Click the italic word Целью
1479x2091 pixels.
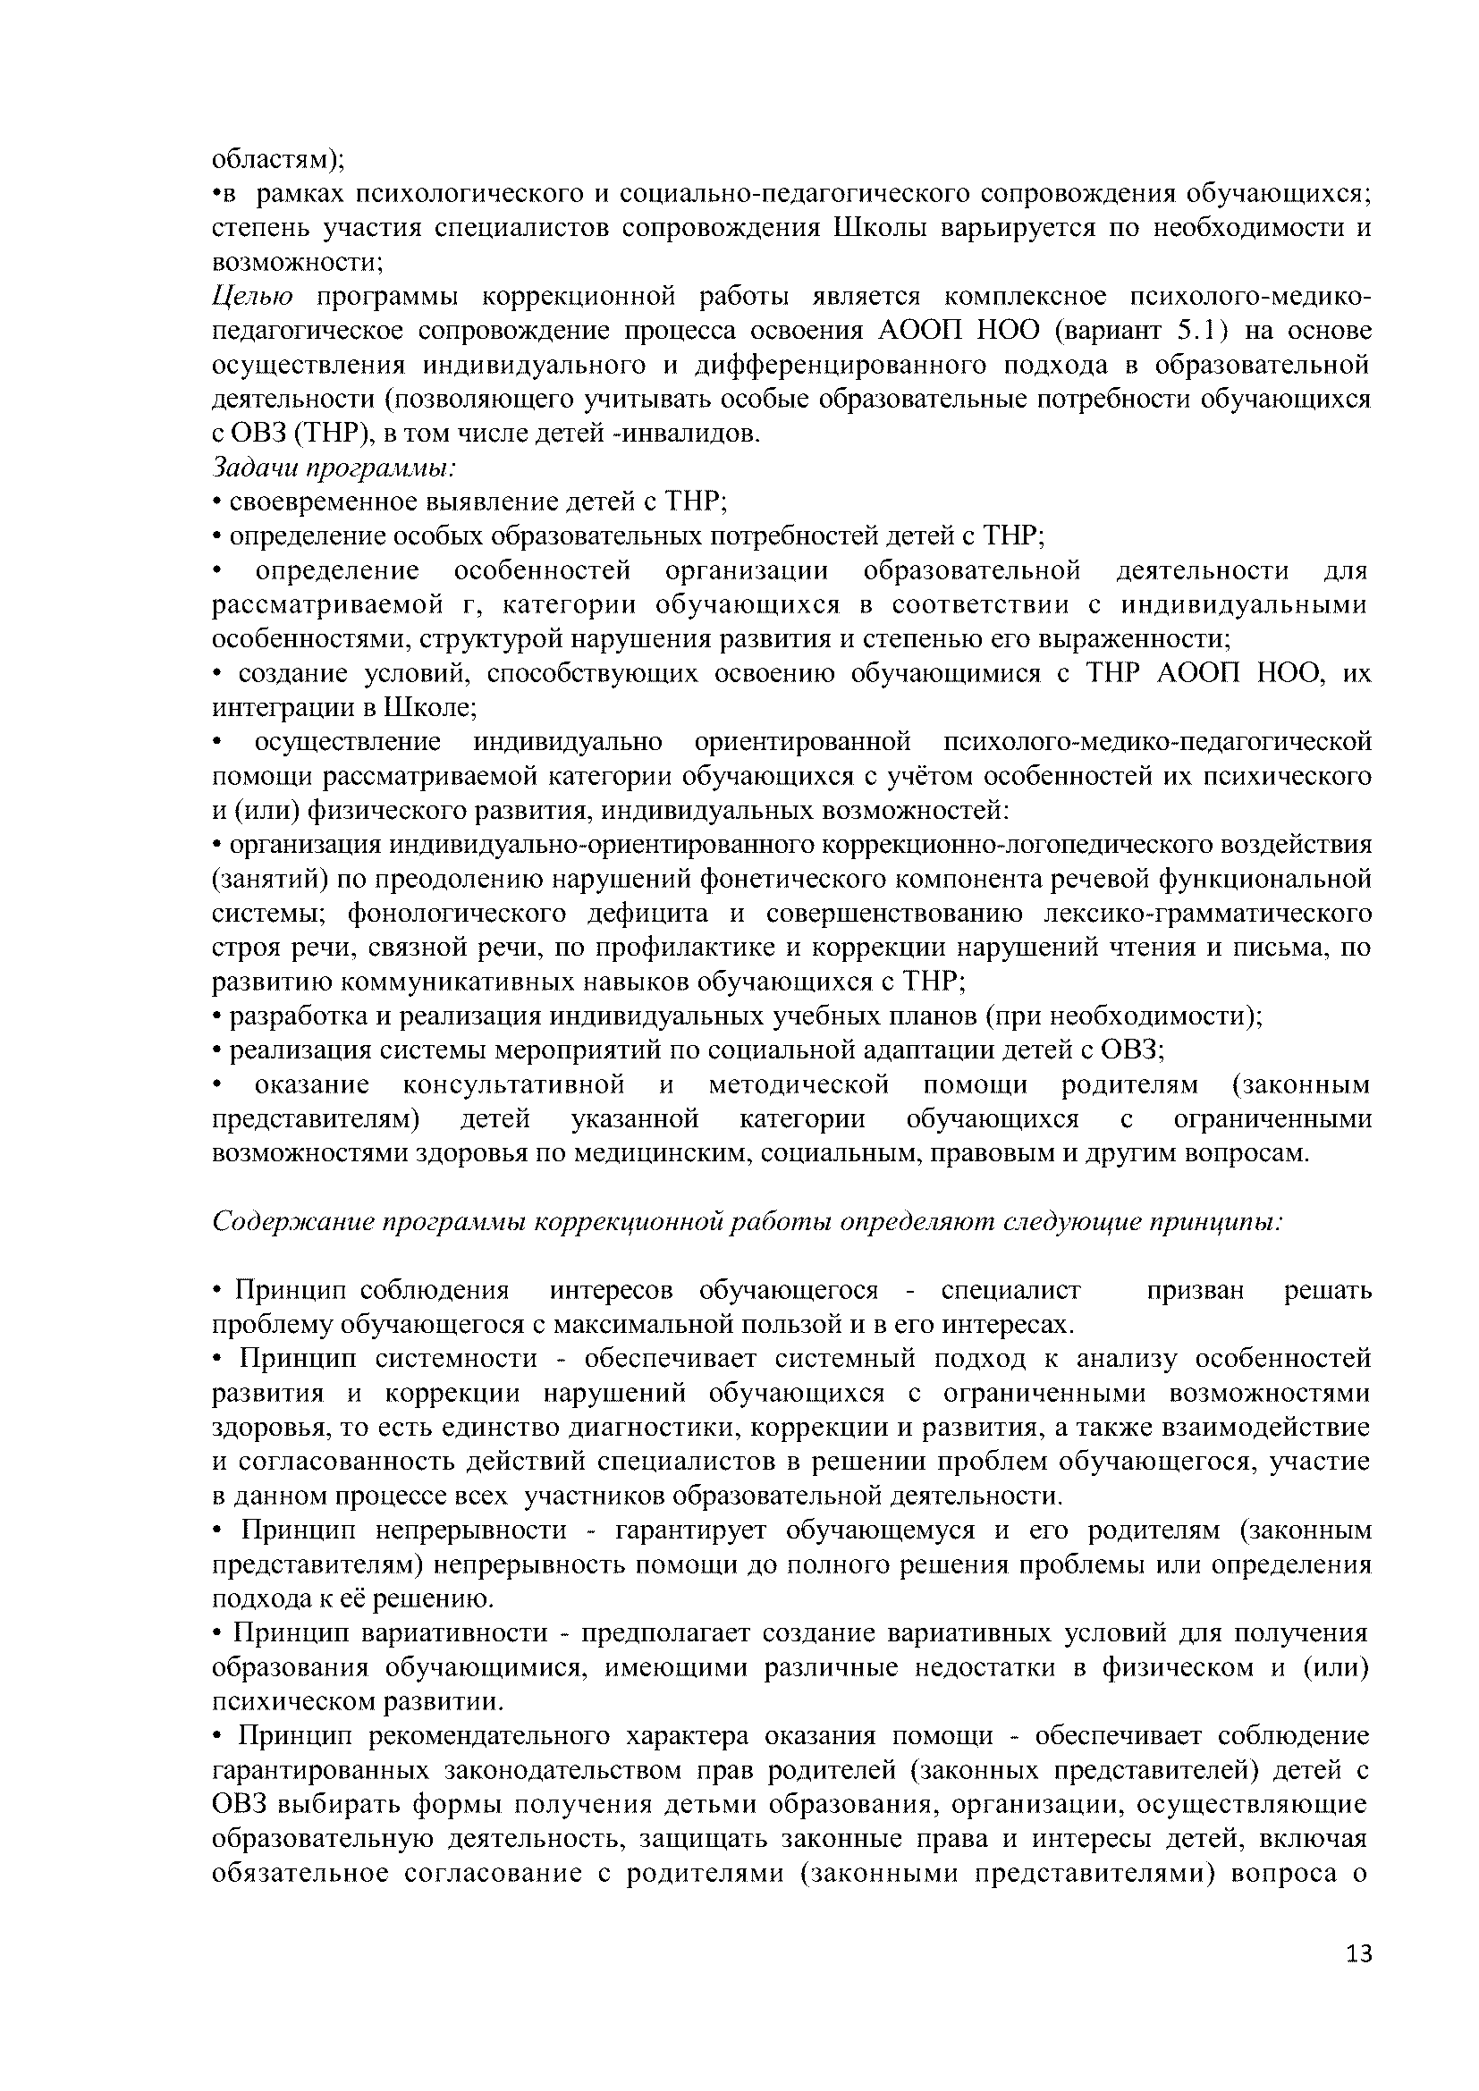click(252, 297)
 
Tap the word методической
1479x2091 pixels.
click(798, 1084)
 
